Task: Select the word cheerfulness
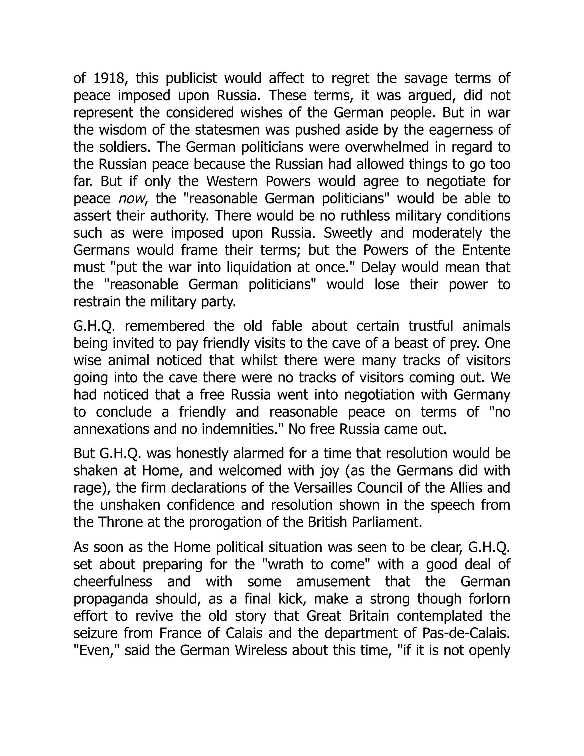click(x=113, y=581)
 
